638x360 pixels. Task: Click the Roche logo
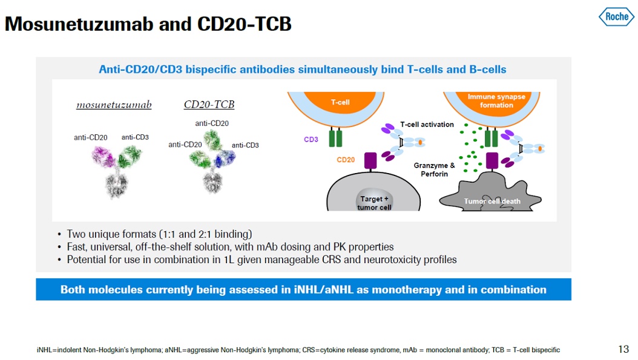click(x=616, y=16)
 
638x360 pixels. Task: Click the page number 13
click(x=623, y=349)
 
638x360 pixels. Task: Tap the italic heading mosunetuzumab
click(x=114, y=105)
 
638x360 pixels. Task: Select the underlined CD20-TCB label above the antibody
click(x=209, y=105)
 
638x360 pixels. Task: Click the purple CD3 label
click(x=311, y=140)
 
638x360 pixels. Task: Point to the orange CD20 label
click(x=346, y=160)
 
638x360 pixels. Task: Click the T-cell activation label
click(x=427, y=125)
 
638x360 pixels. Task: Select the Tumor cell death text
click(x=492, y=201)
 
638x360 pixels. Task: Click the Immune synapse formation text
click(x=496, y=101)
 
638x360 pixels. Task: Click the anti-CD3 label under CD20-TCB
click(x=245, y=145)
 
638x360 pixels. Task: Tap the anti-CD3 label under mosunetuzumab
click(x=135, y=137)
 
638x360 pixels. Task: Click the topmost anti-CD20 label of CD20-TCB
click(x=212, y=123)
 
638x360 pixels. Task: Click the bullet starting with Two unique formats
click(x=159, y=234)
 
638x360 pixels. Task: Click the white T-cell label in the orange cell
click(x=340, y=102)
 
